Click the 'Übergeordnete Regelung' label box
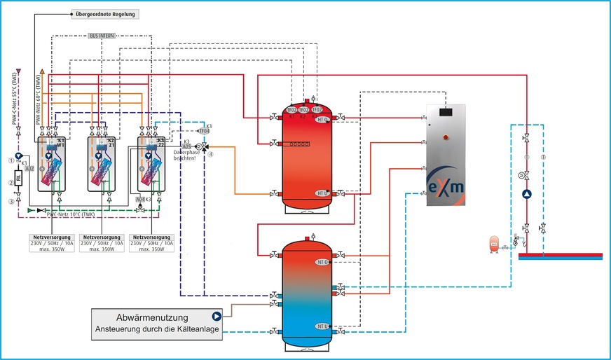(x=107, y=14)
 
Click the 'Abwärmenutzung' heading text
(x=150, y=316)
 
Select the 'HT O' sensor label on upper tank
(x=322, y=120)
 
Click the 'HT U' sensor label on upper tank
(x=322, y=193)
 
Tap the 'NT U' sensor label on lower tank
(x=322, y=326)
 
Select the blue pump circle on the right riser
(x=527, y=195)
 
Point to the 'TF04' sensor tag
(x=204, y=131)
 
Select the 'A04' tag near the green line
(x=140, y=199)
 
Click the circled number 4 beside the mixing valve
(x=210, y=154)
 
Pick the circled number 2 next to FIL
(x=11, y=183)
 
